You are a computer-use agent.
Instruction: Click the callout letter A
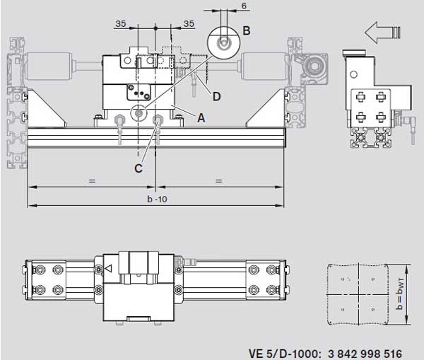[201, 117]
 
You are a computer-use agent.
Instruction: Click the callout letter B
[247, 30]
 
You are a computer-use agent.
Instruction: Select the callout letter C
[139, 168]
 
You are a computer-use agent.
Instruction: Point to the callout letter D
[217, 96]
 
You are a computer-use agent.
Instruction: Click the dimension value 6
[244, 6]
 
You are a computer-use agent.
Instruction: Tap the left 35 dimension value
[121, 24]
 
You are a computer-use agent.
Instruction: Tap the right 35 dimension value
[189, 24]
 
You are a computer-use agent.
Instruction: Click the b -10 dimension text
[157, 199]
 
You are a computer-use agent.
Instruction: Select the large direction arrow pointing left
[382, 33]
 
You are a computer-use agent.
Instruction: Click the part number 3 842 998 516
[365, 354]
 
